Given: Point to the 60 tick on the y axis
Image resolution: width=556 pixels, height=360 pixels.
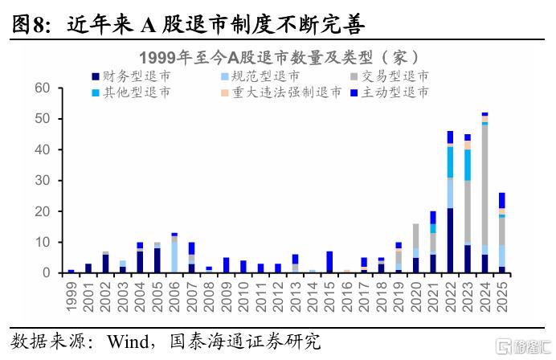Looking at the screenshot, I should (43, 88).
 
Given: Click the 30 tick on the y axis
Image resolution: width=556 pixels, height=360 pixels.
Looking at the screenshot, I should (43, 181).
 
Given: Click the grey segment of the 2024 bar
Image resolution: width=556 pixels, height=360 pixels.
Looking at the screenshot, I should (484, 185).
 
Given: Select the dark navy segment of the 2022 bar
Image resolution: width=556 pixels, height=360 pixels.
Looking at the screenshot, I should (450, 241).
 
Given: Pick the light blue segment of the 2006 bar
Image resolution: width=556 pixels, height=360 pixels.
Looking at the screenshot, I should (174, 257).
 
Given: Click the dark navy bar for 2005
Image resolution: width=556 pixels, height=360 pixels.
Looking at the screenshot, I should (157, 261).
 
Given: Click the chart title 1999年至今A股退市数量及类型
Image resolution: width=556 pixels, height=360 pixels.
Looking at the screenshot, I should (277, 57).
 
